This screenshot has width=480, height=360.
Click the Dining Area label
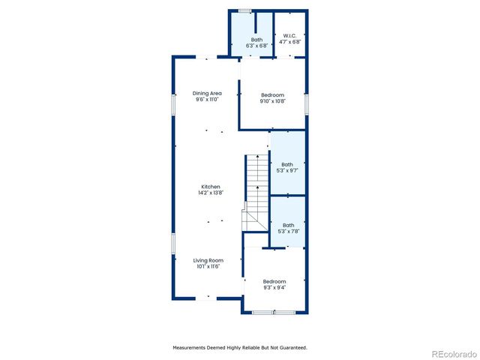tap(207, 94)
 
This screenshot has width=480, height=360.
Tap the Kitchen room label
tap(210, 186)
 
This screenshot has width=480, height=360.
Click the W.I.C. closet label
tap(291, 35)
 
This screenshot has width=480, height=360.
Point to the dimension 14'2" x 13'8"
tap(210, 193)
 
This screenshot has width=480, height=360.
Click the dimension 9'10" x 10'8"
tap(272, 101)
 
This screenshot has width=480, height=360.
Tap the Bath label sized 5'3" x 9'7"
tap(287, 164)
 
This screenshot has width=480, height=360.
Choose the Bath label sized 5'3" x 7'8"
tap(288, 224)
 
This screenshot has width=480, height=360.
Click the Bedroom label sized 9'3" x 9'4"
tap(274, 281)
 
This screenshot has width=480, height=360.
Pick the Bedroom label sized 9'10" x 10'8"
tap(272, 94)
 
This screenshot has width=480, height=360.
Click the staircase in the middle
tap(256, 187)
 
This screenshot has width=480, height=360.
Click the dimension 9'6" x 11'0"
tap(207, 100)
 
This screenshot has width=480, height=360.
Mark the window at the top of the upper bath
tap(244, 10)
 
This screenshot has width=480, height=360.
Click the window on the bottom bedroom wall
tap(273, 312)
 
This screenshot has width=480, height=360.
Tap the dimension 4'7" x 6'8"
tap(291, 42)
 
